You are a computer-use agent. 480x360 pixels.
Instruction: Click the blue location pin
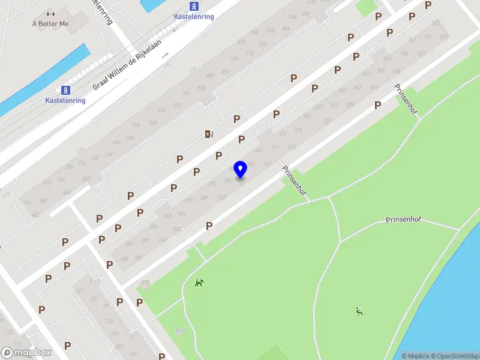click(241, 169)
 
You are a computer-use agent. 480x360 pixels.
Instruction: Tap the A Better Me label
click(51, 23)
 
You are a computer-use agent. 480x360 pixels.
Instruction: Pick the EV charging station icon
click(209, 134)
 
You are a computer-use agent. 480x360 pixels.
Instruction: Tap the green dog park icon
click(199, 283)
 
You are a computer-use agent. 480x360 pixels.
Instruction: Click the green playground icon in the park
click(359, 311)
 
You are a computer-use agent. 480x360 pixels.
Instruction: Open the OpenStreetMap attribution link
click(454, 356)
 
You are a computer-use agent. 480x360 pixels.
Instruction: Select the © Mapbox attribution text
click(416, 356)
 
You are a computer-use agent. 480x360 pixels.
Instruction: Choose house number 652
click(186, 93)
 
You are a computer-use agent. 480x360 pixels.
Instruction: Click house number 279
click(189, 200)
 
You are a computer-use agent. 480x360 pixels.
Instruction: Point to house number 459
click(124, 259)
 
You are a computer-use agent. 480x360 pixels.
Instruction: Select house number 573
click(145, 282)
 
